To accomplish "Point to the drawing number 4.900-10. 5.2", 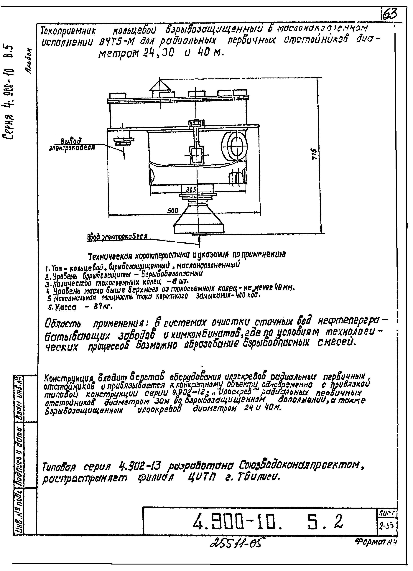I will click(x=267, y=521).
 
